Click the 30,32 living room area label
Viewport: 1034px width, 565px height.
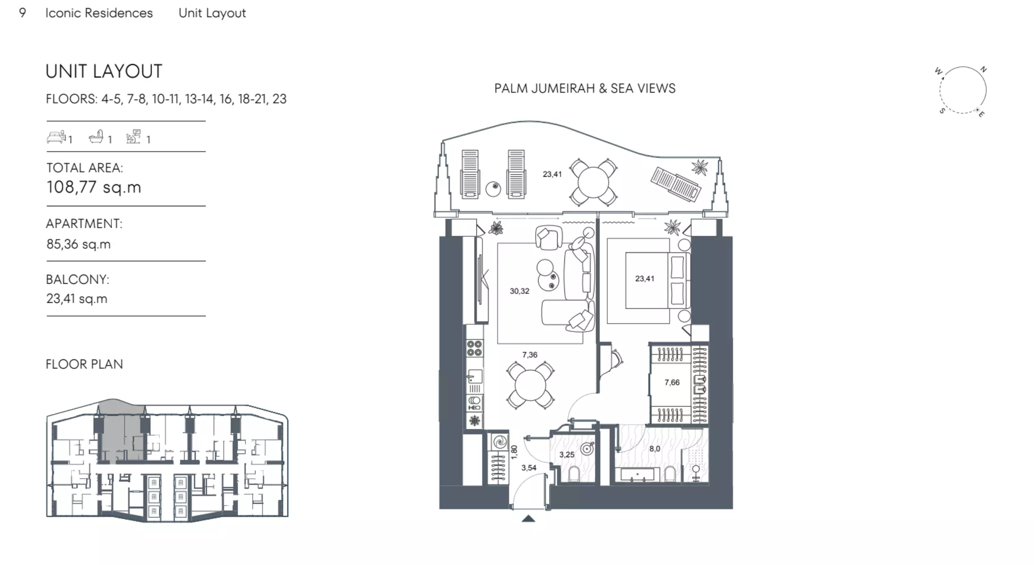coord(519,291)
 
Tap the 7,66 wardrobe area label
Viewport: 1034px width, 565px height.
coord(672,382)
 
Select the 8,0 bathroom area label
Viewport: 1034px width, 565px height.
coord(654,449)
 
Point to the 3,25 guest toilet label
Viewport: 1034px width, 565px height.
coord(567,455)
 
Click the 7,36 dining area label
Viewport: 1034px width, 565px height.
coord(530,355)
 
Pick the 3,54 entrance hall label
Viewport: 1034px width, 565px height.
coord(529,468)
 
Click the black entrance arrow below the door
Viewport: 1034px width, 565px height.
coord(528,518)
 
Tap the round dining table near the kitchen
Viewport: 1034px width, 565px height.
coord(530,385)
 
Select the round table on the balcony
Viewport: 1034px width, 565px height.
coord(593,182)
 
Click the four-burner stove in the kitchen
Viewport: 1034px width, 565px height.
coord(474,348)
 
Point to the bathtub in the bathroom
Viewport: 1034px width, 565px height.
coord(637,475)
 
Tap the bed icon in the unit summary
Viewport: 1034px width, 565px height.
coord(56,137)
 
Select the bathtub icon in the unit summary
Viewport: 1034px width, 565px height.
coord(97,137)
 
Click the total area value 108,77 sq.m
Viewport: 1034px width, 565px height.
coord(94,187)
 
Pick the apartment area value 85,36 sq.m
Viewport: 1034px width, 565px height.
coord(78,244)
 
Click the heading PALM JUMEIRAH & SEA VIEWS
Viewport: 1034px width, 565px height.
coord(585,88)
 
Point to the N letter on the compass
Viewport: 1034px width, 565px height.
coord(983,69)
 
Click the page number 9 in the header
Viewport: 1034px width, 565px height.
coord(23,13)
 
